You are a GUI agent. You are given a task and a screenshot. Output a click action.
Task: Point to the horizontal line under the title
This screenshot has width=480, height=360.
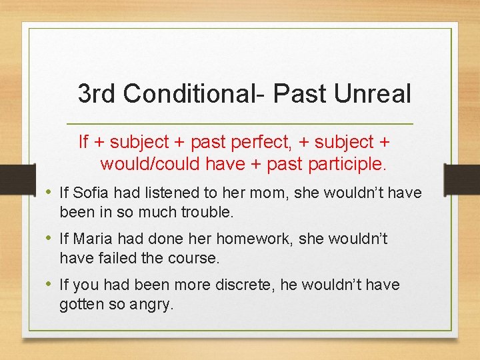coord(240,125)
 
